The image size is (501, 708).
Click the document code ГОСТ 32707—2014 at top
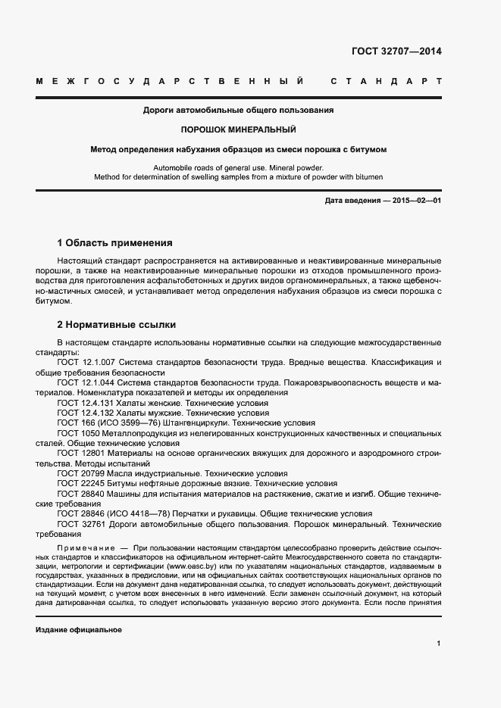pyautogui.click(x=396, y=51)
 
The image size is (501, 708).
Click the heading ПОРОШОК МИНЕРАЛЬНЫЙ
pyautogui.click(x=239, y=129)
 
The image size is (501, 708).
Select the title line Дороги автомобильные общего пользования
pyautogui.click(x=239, y=110)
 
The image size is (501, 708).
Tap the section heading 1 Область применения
pyautogui.click(x=114, y=243)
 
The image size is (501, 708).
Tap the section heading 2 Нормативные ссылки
pyautogui.click(x=117, y=325)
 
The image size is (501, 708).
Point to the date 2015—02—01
pyautogui.click(x=414, y=201)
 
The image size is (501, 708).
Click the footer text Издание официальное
pyautogui.click(x=78, y=630)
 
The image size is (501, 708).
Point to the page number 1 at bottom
pyautogui.click(x=439, y=644)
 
